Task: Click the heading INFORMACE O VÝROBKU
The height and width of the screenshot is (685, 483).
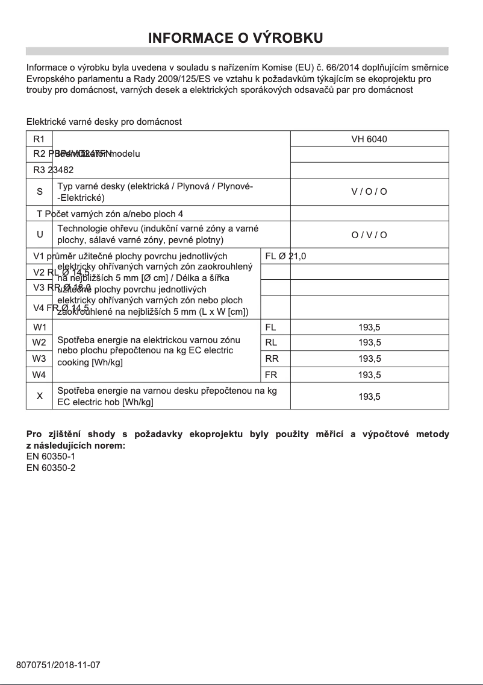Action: pyautogui.click(x=236, y=38)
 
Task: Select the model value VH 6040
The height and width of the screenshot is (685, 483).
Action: pyautogui.click(x=369, y=139)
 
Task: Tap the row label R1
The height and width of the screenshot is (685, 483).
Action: pyautogui.click(x=39, y=139)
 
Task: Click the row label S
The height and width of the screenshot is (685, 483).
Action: pyautogui.click(x=39, y=192)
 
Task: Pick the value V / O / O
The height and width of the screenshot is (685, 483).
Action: pyautogui.click(x=369, y=192)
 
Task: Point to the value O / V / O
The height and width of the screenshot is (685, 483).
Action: pyautogui.click(x=369, y=235)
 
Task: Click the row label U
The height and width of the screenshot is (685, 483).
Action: pyautogui.click(x=39, y=235)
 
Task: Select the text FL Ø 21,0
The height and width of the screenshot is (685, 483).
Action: pyautogui.click(x=285, y=256)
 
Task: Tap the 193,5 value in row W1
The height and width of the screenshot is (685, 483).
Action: pyautogui.click(x=369, y=327)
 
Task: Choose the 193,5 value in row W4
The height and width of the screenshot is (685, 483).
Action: pyautogui.click(x=369, y=374)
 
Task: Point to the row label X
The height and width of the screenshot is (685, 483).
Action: pyautogui.click(x=39, y=396)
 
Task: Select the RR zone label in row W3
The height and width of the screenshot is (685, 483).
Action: pyautogui.click(x=271, y=359)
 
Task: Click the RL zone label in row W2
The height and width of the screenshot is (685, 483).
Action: pyautogui.click(x=271, y=343)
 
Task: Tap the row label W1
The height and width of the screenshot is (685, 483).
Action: pyautogui.click(x=39, y=327)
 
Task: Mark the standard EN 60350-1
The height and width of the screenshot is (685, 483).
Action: pyautogui.click(x=51, y=456)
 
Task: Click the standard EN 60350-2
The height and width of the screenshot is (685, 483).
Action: pyautogui.click(x=51, y=467)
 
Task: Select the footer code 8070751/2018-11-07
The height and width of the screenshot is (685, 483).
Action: pyautogui.click(x=58, y=666)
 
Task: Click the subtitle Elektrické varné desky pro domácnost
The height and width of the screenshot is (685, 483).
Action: pyautogui.click(x=104, y=122)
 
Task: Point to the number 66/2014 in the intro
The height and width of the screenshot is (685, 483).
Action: pyautogui.click(x=341, y=67)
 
